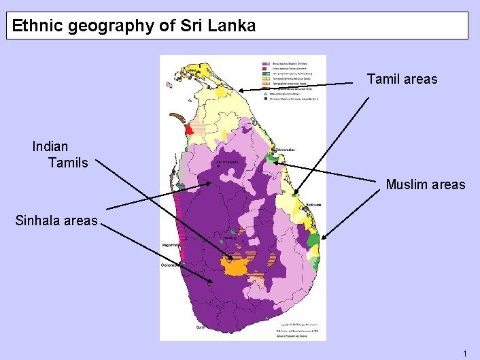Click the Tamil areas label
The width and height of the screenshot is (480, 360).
(x=402, y=80)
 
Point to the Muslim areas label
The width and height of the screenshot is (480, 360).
(x=426, y=184)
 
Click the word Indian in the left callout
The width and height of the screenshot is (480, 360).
(x=50, y=146)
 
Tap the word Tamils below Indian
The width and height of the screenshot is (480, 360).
(x=68, y=163)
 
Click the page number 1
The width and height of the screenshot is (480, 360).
(x=464, y=353)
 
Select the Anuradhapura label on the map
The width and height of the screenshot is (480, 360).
(x=226, y=163)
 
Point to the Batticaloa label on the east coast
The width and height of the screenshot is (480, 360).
(x=313, y=204)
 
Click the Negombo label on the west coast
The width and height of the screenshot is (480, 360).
(x=170, y=244)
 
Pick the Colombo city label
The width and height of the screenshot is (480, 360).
(x=170, y=265)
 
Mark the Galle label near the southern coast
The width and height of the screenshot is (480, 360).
(x=200, y=327)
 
